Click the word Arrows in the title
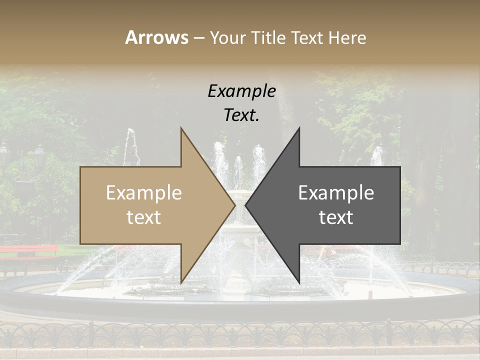156,37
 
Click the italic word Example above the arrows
241,91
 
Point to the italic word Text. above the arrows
241,115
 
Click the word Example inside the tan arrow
144,193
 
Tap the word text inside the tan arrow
144,217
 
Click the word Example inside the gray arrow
336,193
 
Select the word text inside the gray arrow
336,217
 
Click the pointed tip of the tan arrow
234,205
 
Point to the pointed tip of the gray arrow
246,205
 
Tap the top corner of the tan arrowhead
181,128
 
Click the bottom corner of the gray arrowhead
299,282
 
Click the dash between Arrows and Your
198,38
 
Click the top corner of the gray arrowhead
299,128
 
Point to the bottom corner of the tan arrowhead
181,282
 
